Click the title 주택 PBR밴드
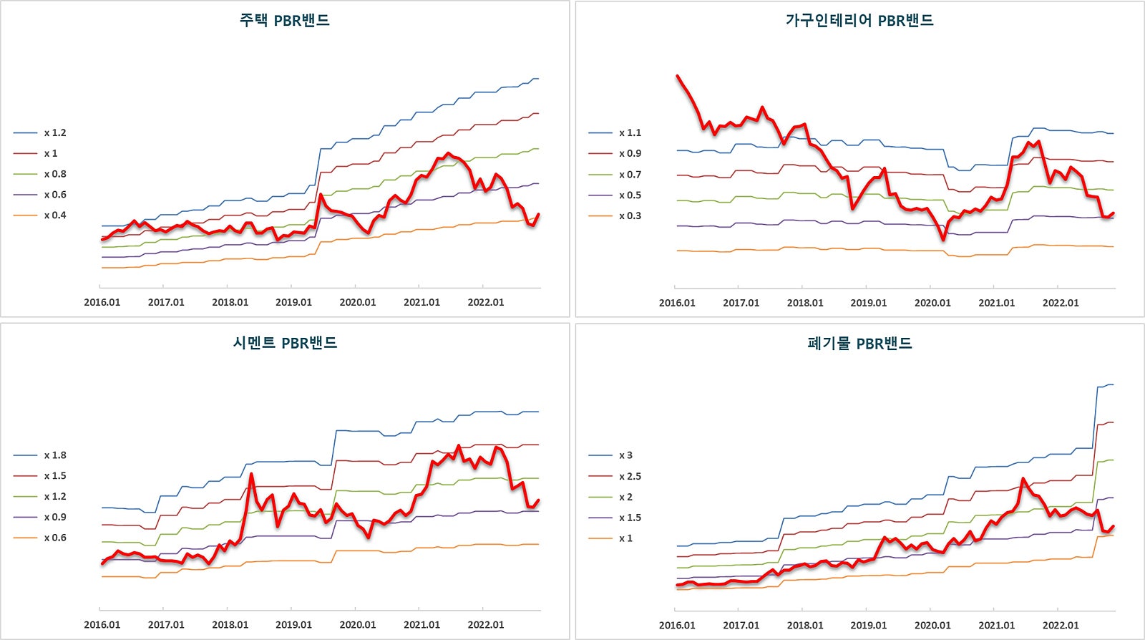click(284, 20)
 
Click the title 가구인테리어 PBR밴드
click(859, 20)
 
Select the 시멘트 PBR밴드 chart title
click(284, 343)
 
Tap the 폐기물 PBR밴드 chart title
click(859, 343)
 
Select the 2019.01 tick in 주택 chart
click(293, 302)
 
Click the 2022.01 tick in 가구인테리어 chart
click(1060, 303)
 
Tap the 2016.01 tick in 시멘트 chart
click(102, 624)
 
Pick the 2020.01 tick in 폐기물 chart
click(932, 625)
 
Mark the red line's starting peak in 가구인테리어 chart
click(678, 76)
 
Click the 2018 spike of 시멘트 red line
click(251, 474)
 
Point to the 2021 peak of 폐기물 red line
click(1023, 479)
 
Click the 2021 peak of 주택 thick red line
click(448, 152)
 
